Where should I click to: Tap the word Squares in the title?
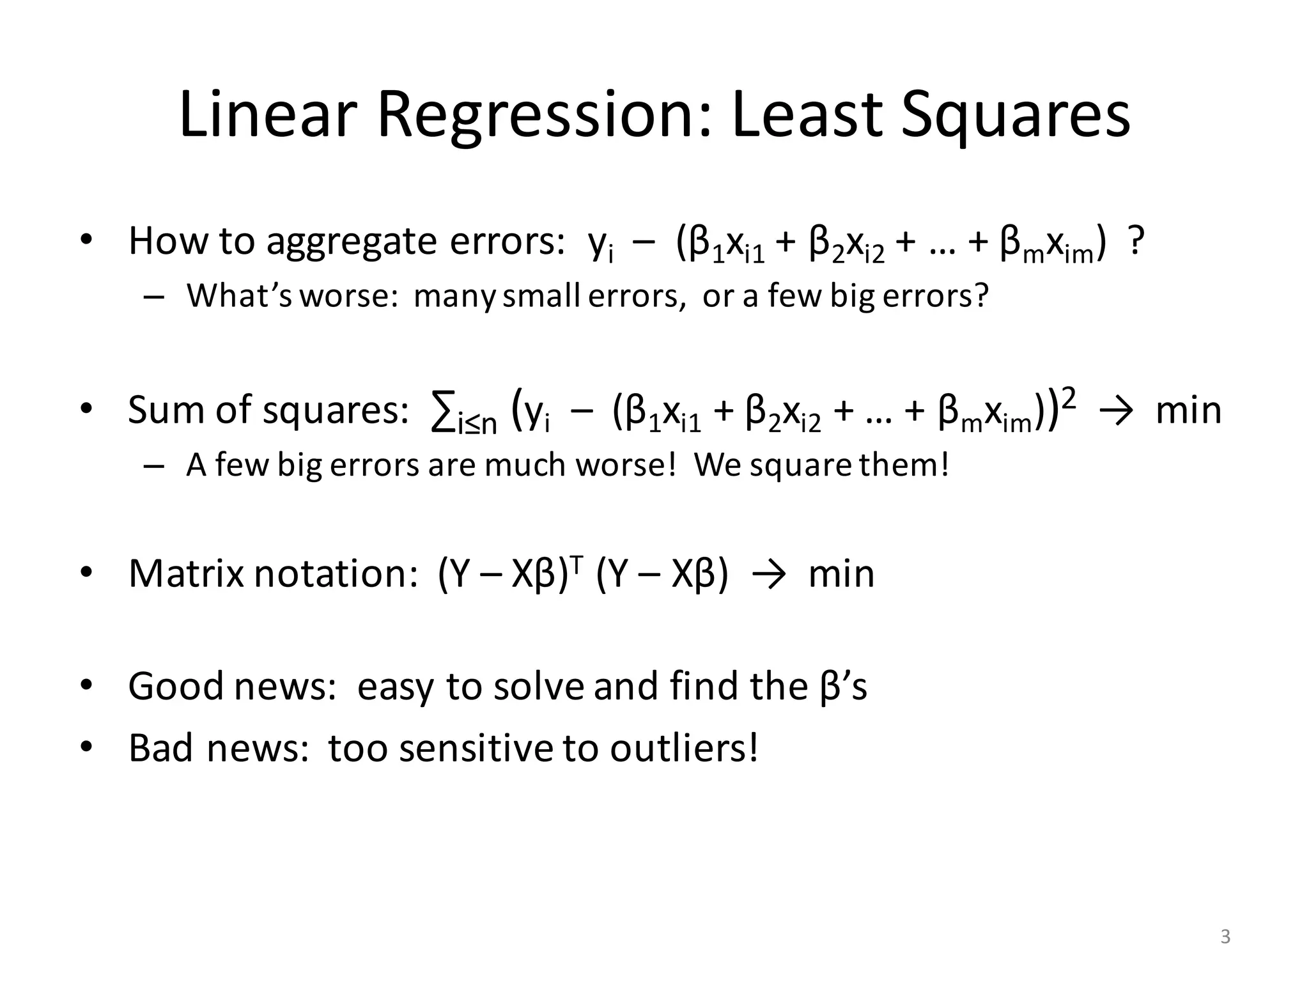[1016, 115]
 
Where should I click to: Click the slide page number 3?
[1225, 937]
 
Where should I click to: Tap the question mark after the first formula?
[1135, 242]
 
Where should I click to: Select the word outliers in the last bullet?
[683, 747]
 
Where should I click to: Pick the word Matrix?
[186, 573]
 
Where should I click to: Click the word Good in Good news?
[176, 686]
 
